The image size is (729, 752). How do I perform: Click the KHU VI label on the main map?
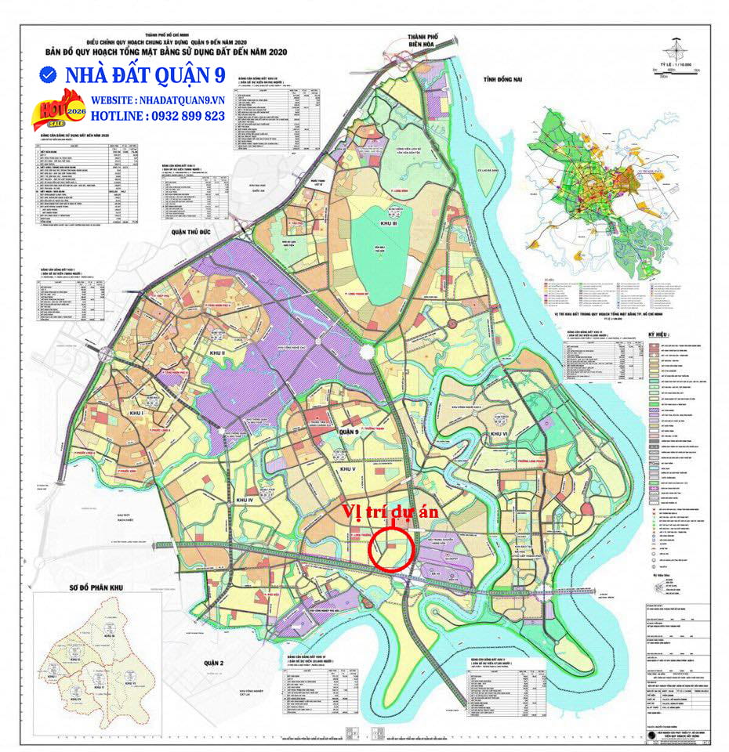[499, 433]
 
